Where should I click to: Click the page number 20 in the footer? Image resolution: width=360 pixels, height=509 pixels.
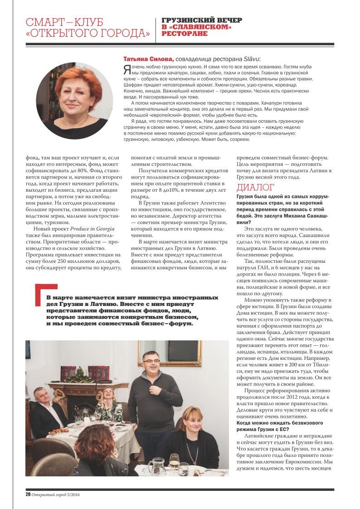[28, 494]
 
